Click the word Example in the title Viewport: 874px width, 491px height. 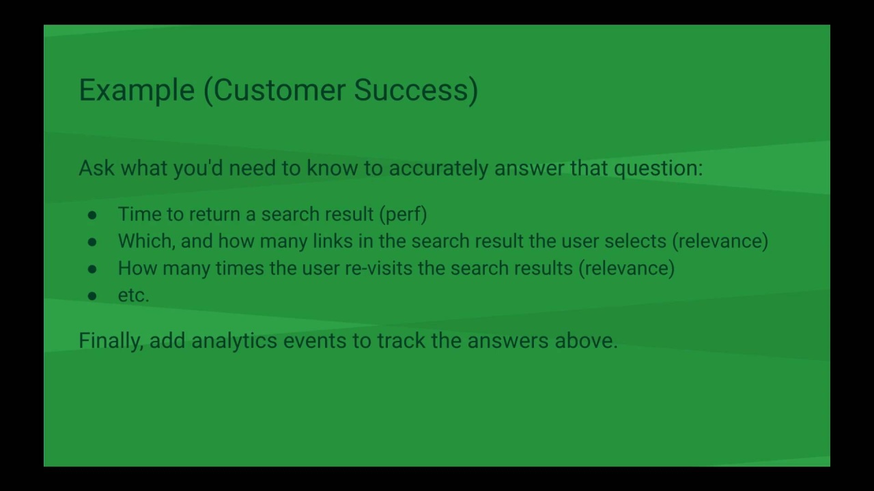click(137, 91)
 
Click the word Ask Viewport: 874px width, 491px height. click(97, 168)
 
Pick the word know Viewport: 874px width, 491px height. click(332, 168)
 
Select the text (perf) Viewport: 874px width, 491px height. click(404, 215)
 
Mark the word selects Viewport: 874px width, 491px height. click(635, 241)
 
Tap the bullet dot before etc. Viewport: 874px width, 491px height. click(92, 296)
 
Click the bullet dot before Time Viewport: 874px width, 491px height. click(92, 215)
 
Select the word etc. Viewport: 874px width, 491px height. click(133, 295)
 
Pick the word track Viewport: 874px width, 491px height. click(401, 340)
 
